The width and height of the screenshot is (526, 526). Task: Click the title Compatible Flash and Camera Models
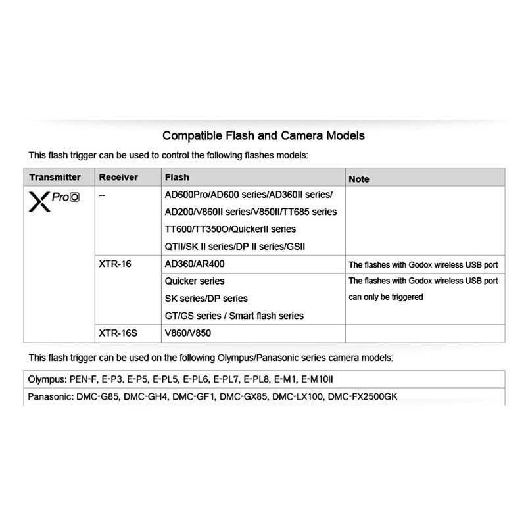click(x=263, y=136)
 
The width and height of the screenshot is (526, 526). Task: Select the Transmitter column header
click(x=55, y=178)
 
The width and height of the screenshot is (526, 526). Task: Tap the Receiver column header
click(x=118, y=178)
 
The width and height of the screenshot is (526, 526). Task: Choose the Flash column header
click(x=178, y=178)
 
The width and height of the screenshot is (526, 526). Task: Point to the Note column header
click(x=359, y=179)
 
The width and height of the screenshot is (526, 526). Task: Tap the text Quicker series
click(x=195, y=281)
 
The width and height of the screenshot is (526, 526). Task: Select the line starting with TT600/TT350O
click(x=230, y=229)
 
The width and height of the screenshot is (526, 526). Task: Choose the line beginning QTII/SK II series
click(x=235, y=247)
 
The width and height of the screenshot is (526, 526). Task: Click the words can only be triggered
click(x=386, y=297)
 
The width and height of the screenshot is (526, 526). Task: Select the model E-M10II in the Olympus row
click(x=323, y=380)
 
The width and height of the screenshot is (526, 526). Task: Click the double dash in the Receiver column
click(x=102, y=195)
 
